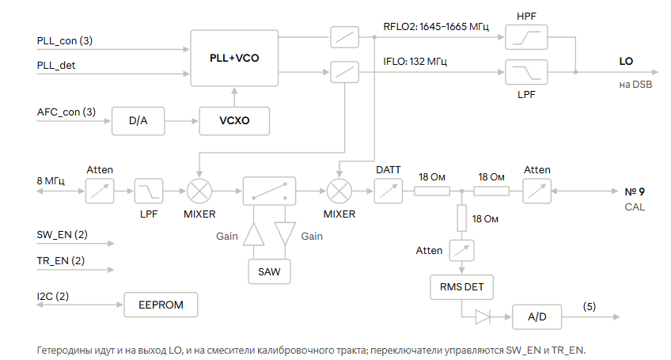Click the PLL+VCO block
coord(234,58)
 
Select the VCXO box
coord(234,121)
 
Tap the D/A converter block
coord(138,121)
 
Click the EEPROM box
coord(161,305)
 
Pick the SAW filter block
coord(269,271)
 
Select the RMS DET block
coord(462,286)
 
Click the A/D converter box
coord(537,316)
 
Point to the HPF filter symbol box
coord(526,37)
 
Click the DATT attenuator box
coord(389,191)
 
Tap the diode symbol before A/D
coord(483,317)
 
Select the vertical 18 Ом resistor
coord(462,218)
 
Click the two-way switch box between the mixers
coord(269,191)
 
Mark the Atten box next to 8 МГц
coord(100,191)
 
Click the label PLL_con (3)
coord(65,40)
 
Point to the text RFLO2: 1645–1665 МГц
coord(436,27)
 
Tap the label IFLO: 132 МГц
coord(415,62)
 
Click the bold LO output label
coord(626,61)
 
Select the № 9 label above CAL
coord(635,191)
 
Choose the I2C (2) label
coord(53,296)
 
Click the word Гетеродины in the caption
coord(64,351)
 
